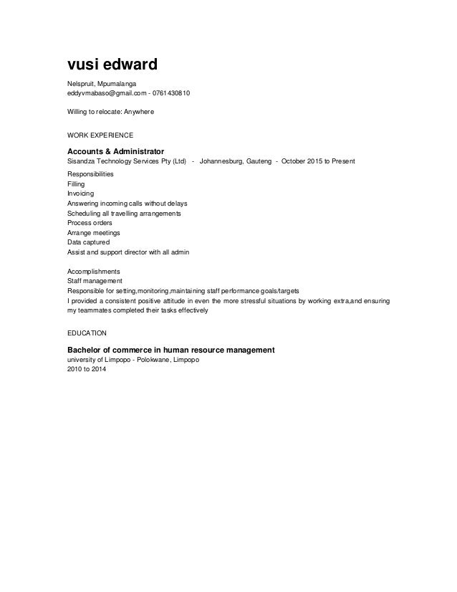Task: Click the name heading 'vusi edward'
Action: (112, 65)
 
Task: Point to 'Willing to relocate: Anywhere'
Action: (110, 113)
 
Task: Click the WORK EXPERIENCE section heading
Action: (100, 134)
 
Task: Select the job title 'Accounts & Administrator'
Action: (116, 151)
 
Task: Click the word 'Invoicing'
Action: (80, 194)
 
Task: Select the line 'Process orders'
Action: (90, 223)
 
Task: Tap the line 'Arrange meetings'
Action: (94, 233)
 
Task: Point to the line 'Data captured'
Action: (88, 243)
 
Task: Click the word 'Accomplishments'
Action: (94, 272)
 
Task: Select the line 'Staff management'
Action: (95, 282)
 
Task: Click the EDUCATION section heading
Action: (87, 333)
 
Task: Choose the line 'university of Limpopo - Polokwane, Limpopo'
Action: (133, 360)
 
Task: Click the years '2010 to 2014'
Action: (85, 369)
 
